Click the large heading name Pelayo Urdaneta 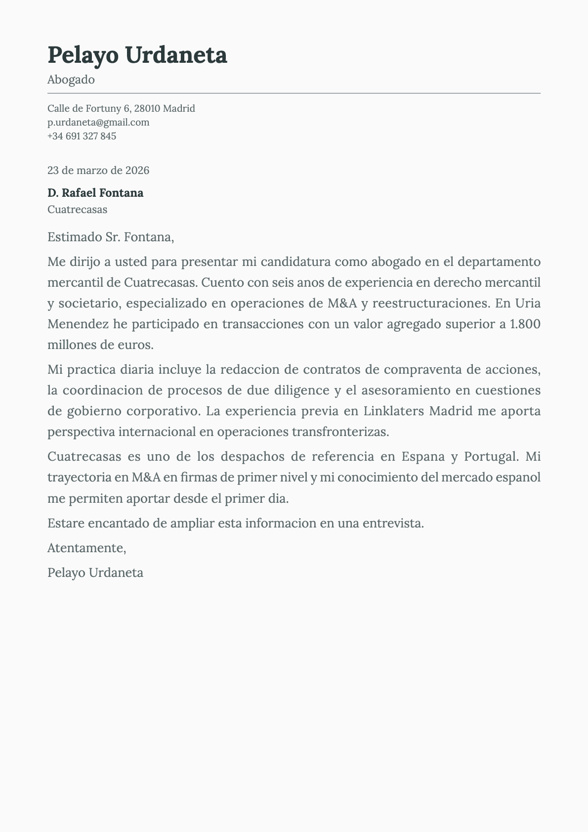point(137,55)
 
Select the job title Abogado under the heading point(71,80)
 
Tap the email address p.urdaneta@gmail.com point(98,122)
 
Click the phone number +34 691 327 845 point(82,136)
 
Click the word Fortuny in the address point(103,108)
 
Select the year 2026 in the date point(137,171)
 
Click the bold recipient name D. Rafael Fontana point(95,193)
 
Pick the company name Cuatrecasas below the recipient point(77,209)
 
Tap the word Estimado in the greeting point(75,237)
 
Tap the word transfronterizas point(340,432)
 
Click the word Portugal point(491,456)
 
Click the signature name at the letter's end point(95,573)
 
